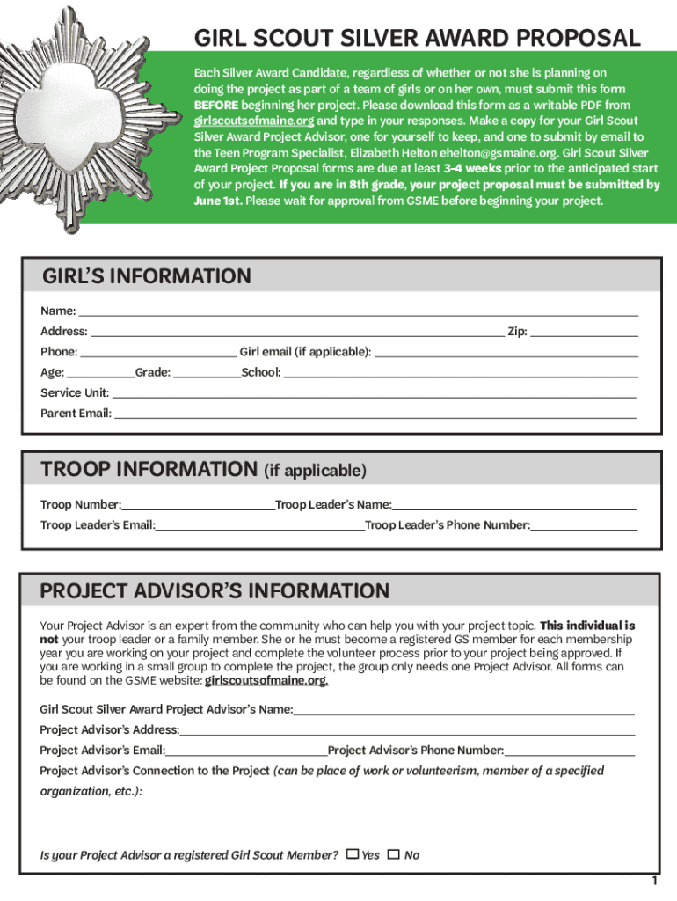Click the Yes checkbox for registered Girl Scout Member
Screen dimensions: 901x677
[x=353, y=853]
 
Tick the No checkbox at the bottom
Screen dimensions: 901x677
[x=394, y=853]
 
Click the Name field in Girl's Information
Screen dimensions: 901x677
[x=358, y=310]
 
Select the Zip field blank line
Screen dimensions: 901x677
[x=584, y=331]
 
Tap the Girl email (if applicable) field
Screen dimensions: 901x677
[x=506, y=351]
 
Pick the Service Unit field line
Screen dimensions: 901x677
[x=374, y=392]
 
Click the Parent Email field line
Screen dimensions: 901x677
[x=375, y=413]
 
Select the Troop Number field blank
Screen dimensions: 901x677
[x=198, y=504]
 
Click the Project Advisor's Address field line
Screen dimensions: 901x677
[x=407, y=729]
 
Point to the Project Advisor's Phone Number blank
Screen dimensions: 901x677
[x=570, y=750]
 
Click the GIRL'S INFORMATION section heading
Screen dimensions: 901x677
[x=146, y=276]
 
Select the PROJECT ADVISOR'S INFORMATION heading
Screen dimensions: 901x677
[x=215, y=590]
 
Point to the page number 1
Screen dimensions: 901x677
[x=654, y=881]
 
